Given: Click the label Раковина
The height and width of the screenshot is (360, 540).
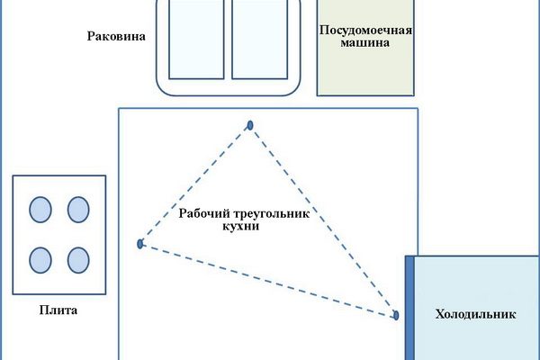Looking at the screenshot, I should point(117,37).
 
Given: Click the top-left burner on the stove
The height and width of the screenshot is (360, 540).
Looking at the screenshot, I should point(40,210).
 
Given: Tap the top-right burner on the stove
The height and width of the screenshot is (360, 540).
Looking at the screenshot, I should point(78,210).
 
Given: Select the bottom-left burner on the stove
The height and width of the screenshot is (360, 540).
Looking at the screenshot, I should point(40,259).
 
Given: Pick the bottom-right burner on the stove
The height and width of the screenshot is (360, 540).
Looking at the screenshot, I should point(78,259).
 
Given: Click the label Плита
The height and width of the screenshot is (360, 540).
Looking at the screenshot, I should point(59,311).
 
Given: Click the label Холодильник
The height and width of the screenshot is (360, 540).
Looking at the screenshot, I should point(474,315).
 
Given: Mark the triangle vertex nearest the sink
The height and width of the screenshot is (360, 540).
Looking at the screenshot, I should point(250,124).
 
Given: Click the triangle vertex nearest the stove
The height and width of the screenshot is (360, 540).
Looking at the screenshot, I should point(139,244).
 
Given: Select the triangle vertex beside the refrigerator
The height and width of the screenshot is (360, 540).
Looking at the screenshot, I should point(394,315).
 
